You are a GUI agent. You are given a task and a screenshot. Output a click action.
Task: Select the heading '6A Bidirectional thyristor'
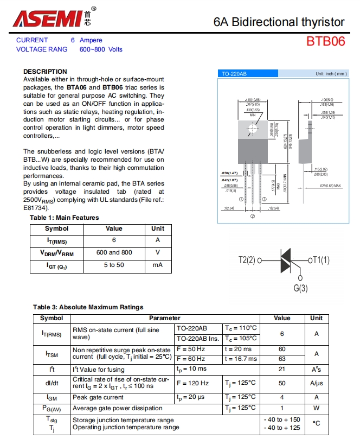[x=279, y=22]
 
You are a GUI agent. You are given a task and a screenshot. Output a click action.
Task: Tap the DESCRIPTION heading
[x=45, y=72]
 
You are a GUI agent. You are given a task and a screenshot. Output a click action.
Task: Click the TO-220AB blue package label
[x=234, y=73]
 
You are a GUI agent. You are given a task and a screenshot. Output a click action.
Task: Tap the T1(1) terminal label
[x=320, y=260]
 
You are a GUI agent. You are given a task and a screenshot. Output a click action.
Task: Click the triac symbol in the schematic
[x=286, y=260]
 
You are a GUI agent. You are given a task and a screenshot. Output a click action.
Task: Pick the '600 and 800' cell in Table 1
[x=114, y=252]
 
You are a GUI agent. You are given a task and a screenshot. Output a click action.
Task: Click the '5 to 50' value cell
[x=114, y=265]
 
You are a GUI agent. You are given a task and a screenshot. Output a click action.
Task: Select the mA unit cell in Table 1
[x=158, y=265]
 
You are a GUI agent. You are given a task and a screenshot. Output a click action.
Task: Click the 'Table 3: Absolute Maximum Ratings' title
[x=88, y=307]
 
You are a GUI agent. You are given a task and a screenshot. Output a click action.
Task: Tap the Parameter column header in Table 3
[x=165, y=318]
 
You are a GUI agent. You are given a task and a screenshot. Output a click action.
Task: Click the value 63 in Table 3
[x=282, y=359]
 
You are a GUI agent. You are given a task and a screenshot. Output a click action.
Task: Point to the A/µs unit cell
[x=316, y=383]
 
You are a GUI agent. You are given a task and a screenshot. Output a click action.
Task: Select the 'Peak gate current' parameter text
[x=98, y=397]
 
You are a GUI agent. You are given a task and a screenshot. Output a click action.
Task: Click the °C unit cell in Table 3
[x=316, y=423]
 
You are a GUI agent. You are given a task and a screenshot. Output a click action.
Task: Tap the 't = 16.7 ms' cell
[x=241, y=359]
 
